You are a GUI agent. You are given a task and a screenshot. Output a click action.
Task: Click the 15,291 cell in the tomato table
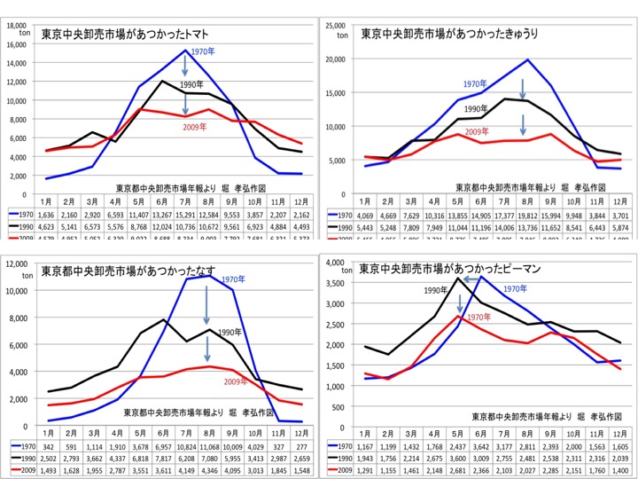(185, 215)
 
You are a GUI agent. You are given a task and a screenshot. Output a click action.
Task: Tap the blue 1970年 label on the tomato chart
(203, 53)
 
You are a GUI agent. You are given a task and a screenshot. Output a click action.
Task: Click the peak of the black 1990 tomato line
(162, 82)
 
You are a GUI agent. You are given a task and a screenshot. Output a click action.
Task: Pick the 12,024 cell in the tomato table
(163, 226)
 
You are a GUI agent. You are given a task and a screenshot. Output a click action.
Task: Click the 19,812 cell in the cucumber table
(527, 215)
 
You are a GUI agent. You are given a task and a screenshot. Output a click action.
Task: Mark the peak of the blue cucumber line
(527, 60)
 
